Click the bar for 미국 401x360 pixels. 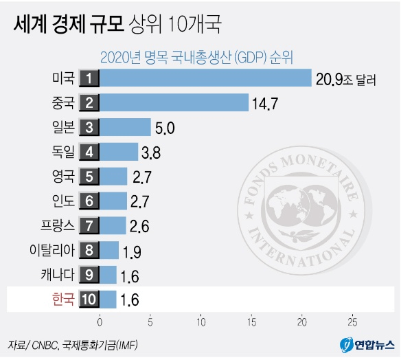pos(206,78)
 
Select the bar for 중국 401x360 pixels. pos(174,102)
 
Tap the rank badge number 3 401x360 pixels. pos(89,127)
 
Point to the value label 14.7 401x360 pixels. pos(266,104)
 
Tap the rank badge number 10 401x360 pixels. pos(89,300)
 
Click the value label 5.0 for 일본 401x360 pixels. pos(166,128)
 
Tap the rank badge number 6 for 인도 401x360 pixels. pos(89,201)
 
